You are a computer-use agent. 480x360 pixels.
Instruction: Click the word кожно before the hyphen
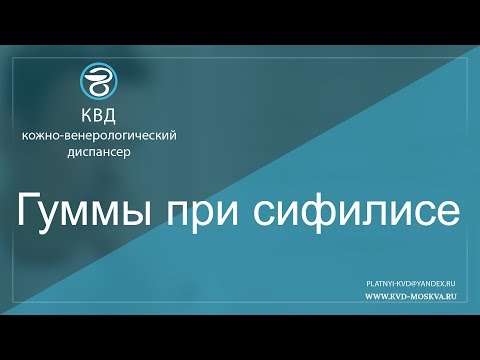[51, 135]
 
